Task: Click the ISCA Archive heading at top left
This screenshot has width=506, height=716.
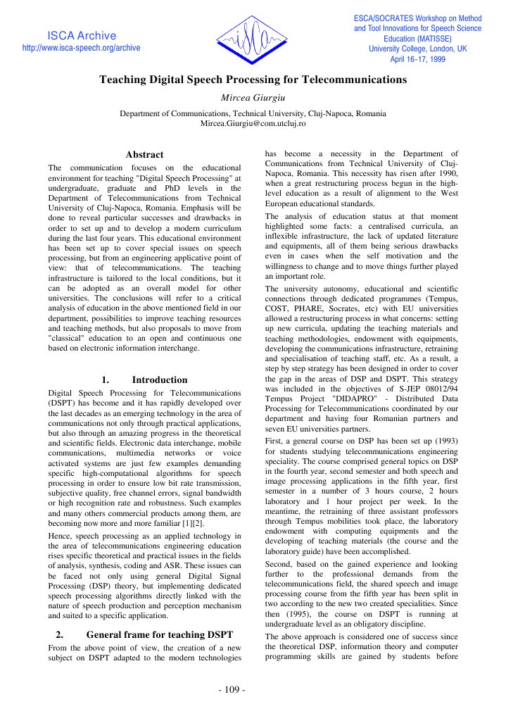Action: tap(82, 35)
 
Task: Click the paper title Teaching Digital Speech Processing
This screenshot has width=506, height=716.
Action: tap(253, 80)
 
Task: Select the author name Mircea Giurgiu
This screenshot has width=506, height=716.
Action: tap(253, 97)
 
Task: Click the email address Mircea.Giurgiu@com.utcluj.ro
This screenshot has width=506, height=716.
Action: tap(253, 123)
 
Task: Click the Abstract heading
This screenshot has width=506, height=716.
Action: tap(144, 154)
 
